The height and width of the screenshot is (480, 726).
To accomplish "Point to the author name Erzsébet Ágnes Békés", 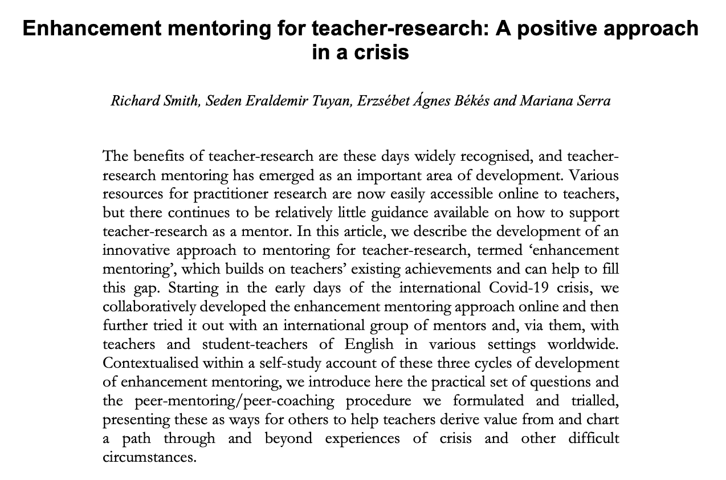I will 410,101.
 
